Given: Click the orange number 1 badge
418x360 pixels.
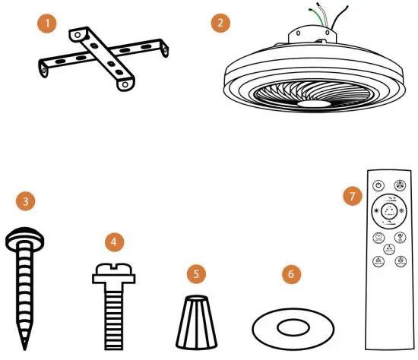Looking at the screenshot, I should (48, 24).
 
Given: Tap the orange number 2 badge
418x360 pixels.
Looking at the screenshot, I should (220, 24).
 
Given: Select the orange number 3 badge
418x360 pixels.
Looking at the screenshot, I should (27, 202).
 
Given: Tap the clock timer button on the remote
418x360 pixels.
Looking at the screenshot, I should (378, 238).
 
